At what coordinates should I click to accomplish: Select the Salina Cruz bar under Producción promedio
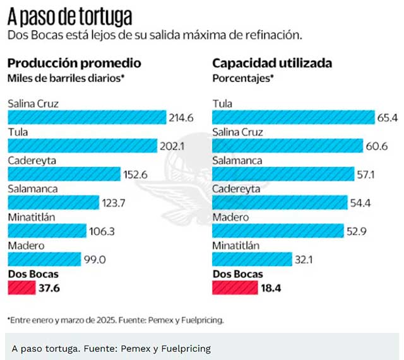pyautogui.click(x=86, y=117)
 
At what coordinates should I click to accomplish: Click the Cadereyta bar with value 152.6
pyautogui.click(x=64, y=174)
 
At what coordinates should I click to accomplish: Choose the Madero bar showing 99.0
pyautogui.click(x=44, y=259)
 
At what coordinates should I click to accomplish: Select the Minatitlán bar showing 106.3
pyautogui.click(x=47, y=231)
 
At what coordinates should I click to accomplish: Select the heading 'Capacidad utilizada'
pyautogui.click(x=272, y=63)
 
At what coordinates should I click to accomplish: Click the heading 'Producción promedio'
pyautogui.click(x=74, y=63)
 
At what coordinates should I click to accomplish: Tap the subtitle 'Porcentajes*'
pyautogui.click(x=243, y=78)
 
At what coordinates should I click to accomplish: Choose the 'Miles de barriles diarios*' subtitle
pyautogui.click(x=66, y=78)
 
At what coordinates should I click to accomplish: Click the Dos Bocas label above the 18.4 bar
pyautogui.click(x=237, y=274)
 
